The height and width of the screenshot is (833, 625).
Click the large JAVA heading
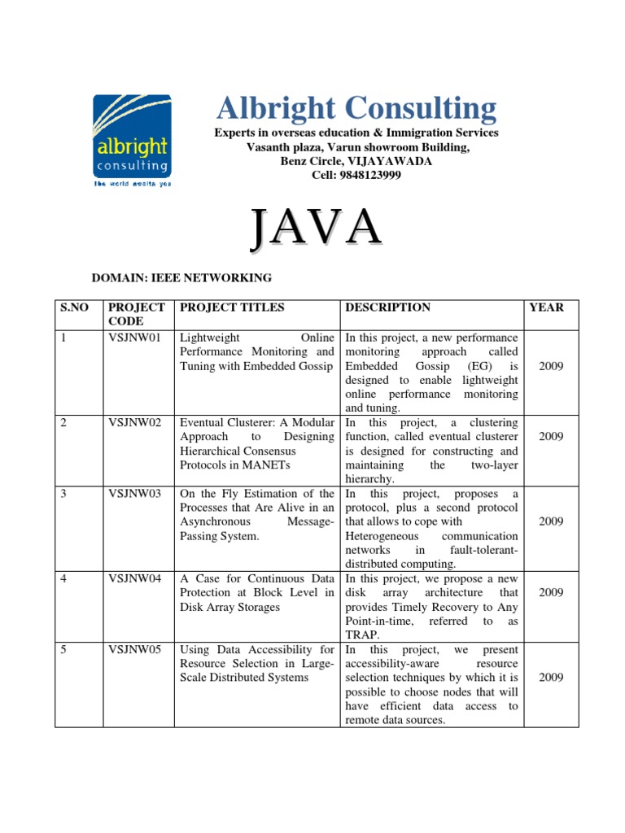pos(316,228)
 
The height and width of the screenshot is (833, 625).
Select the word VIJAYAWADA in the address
pos(391,161)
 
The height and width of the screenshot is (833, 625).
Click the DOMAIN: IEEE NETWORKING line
pos(181,278)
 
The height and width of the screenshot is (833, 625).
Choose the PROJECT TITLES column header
pos(232,307)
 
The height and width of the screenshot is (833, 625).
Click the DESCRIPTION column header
pos(388,307)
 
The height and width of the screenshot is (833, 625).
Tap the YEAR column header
pos(546,307)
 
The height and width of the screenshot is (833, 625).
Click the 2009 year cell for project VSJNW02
pos(551,437)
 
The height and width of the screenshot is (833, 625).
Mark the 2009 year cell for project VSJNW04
pos(551,593)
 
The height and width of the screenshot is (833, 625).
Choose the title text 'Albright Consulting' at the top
pos(356,109)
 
